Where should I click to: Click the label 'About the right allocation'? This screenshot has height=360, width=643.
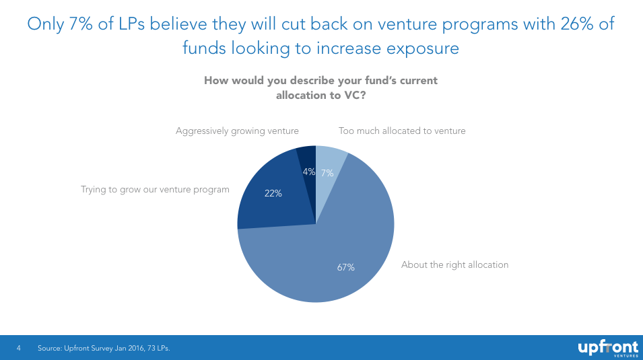point(454,265)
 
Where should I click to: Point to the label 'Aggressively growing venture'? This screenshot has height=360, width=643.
point(237,131)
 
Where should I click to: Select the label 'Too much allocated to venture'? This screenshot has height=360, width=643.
point(402,131)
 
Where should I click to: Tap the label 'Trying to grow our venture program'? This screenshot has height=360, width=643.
point(155,190)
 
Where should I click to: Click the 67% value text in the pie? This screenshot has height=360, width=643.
point(345,267)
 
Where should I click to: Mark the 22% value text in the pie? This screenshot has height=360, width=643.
point(273,193)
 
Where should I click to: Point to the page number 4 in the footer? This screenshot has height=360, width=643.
point(19,348)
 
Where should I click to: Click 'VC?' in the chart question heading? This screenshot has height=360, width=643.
point(353,96)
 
